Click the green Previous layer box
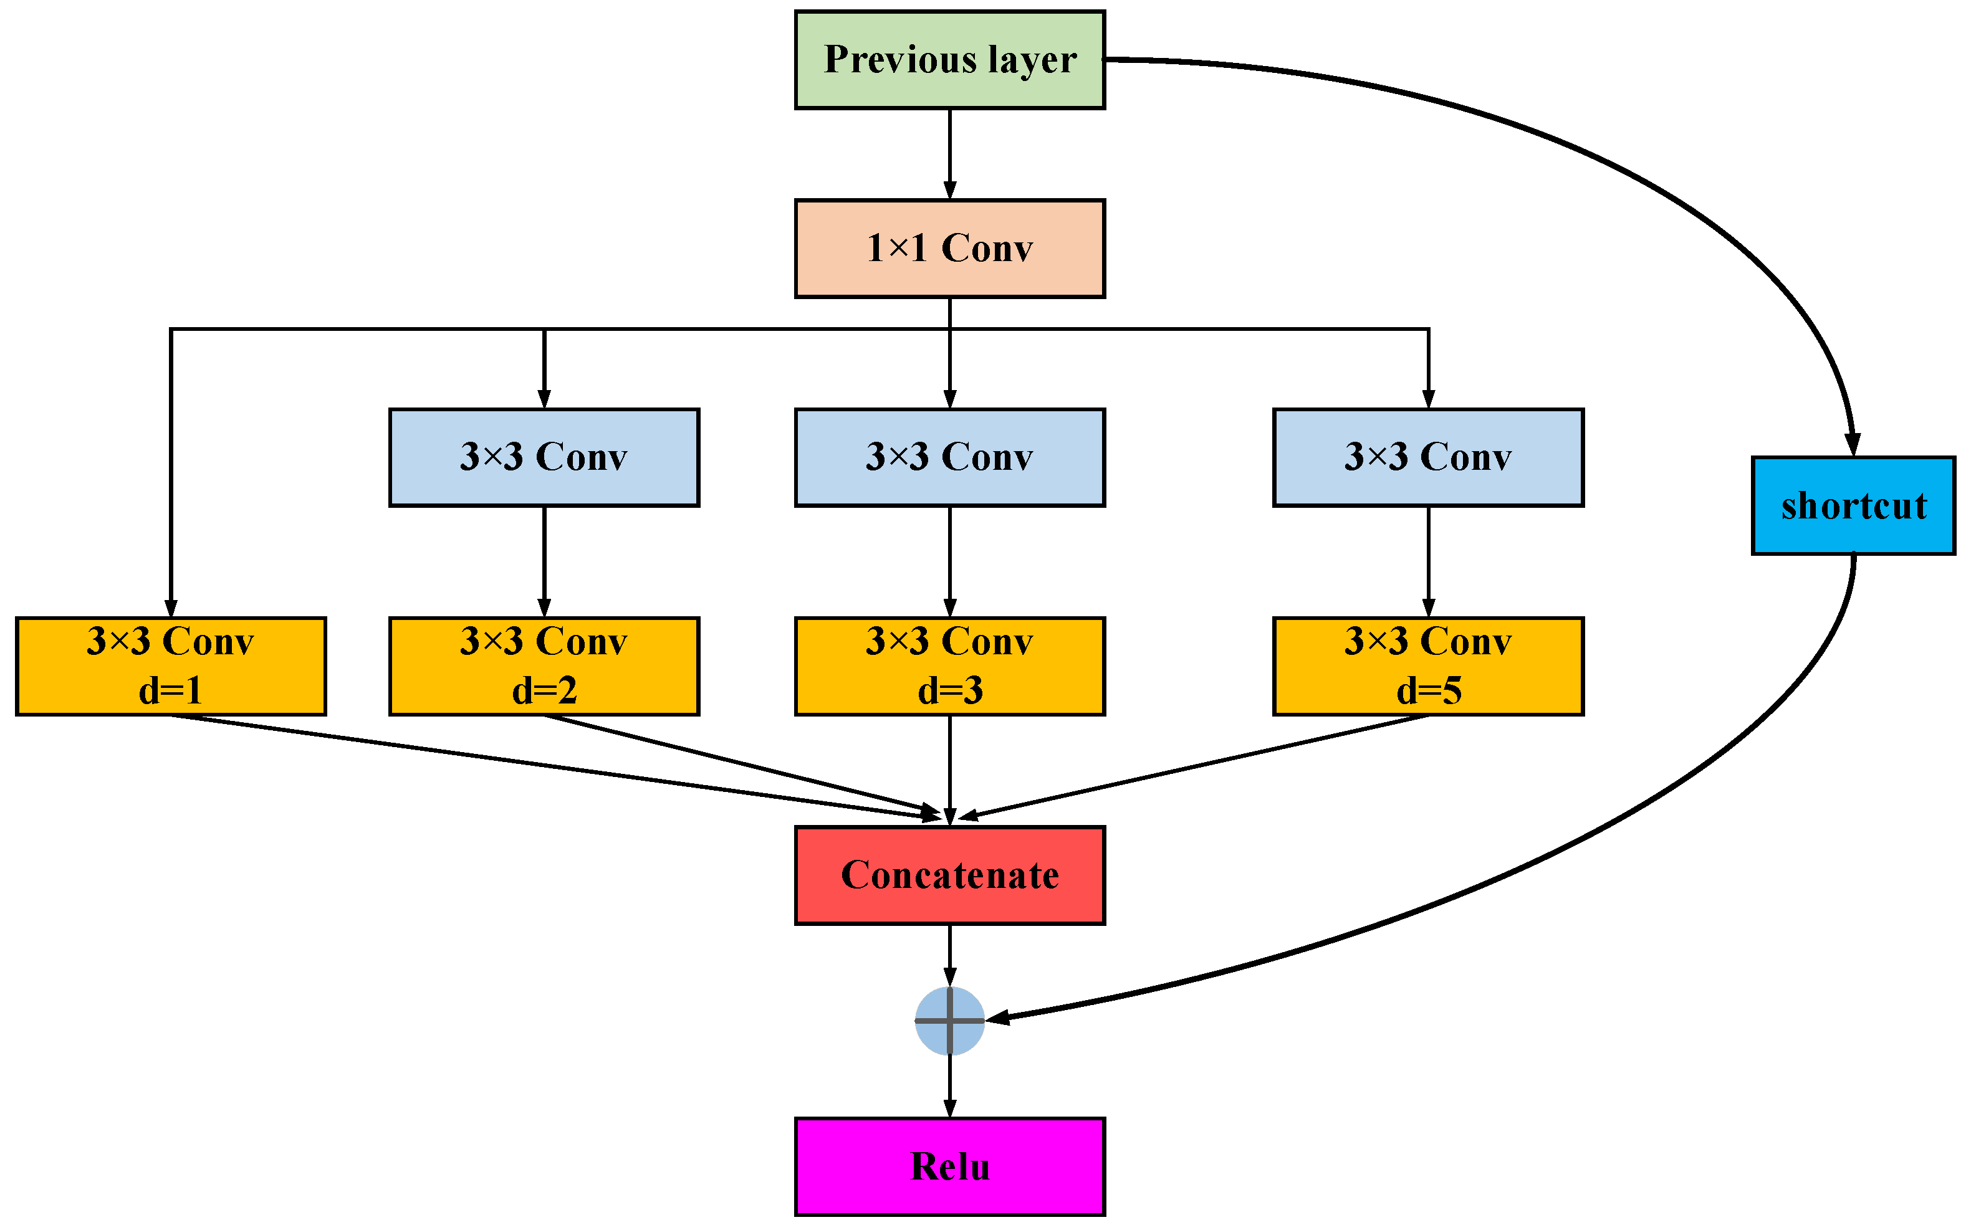pyautogui.click(x=949, y=59)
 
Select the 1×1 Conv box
pyautogui.click(x=949, y=248)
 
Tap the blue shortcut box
pyautogui.click(x=1853, y=505)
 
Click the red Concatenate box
pyautogui.click(x=949, y=875)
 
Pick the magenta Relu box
pyautogui.click(x=949, y=1166)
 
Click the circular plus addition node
pyautogui.click(x=949, y=1020)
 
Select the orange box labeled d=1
pyautogui.click(x=171, y=666)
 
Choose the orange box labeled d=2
pyautogui.click(x=544, y=666)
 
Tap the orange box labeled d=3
pyautogui.click(x=949, y=666)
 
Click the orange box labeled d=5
pyautogui.click(x=1427, y=666)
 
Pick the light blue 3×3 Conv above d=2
pyautogui.click(x=544, y=457)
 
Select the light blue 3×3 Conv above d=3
pyautogui.click(x=949, y=457)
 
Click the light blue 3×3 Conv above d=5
pyautogui.click(x=1427, y=457)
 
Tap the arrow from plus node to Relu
pyautogui.click(x=949, y=1086)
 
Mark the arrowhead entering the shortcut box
pyautogui.click(x=1852, y=445)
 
